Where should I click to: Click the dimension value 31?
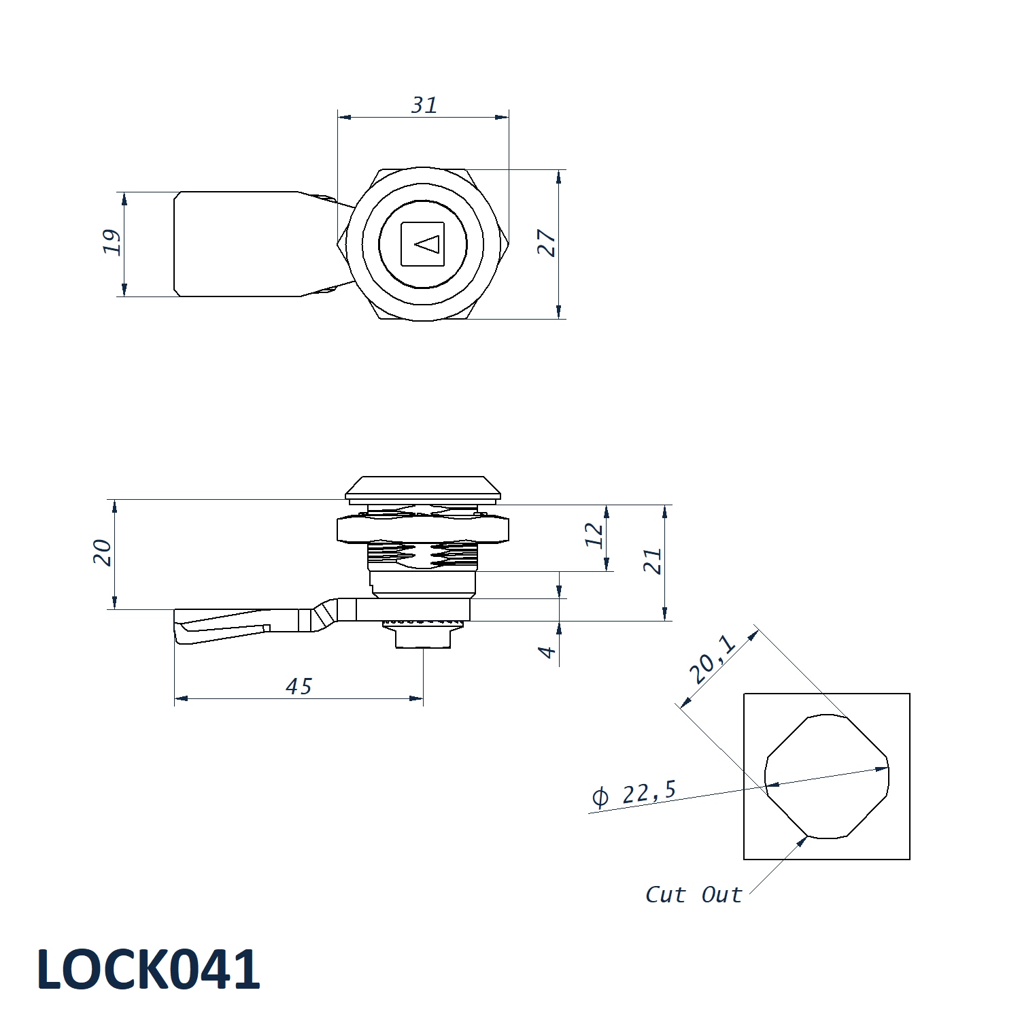pos(424,105)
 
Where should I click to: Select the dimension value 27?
pos(547,243)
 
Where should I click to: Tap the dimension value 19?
pos(112,242)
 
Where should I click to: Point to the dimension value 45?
pos(299,687)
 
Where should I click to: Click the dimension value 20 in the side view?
pos(103,552)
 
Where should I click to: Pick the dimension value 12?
pos(594,535)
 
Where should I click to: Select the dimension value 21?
pos(653,561)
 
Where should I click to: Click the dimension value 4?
pos(547,652)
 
